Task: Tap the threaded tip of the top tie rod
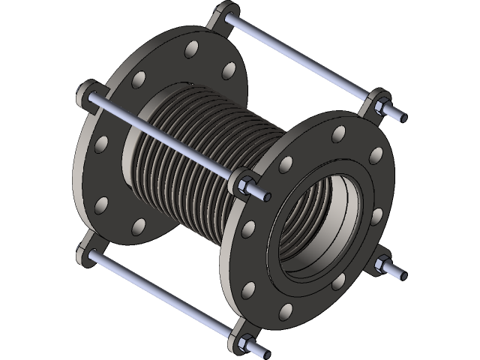401,117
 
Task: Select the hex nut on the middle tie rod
245,184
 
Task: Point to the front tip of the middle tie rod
266,196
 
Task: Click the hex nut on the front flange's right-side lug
383,265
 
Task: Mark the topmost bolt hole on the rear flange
192,50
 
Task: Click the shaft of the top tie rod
300,60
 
